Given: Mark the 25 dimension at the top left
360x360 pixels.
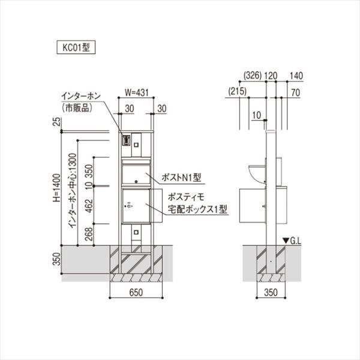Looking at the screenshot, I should (56, 124).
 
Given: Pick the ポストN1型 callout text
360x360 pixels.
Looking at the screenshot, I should (184, 177).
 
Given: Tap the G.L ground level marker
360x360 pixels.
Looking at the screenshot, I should (292, 240).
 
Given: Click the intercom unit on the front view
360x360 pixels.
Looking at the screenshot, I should (126, 141).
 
